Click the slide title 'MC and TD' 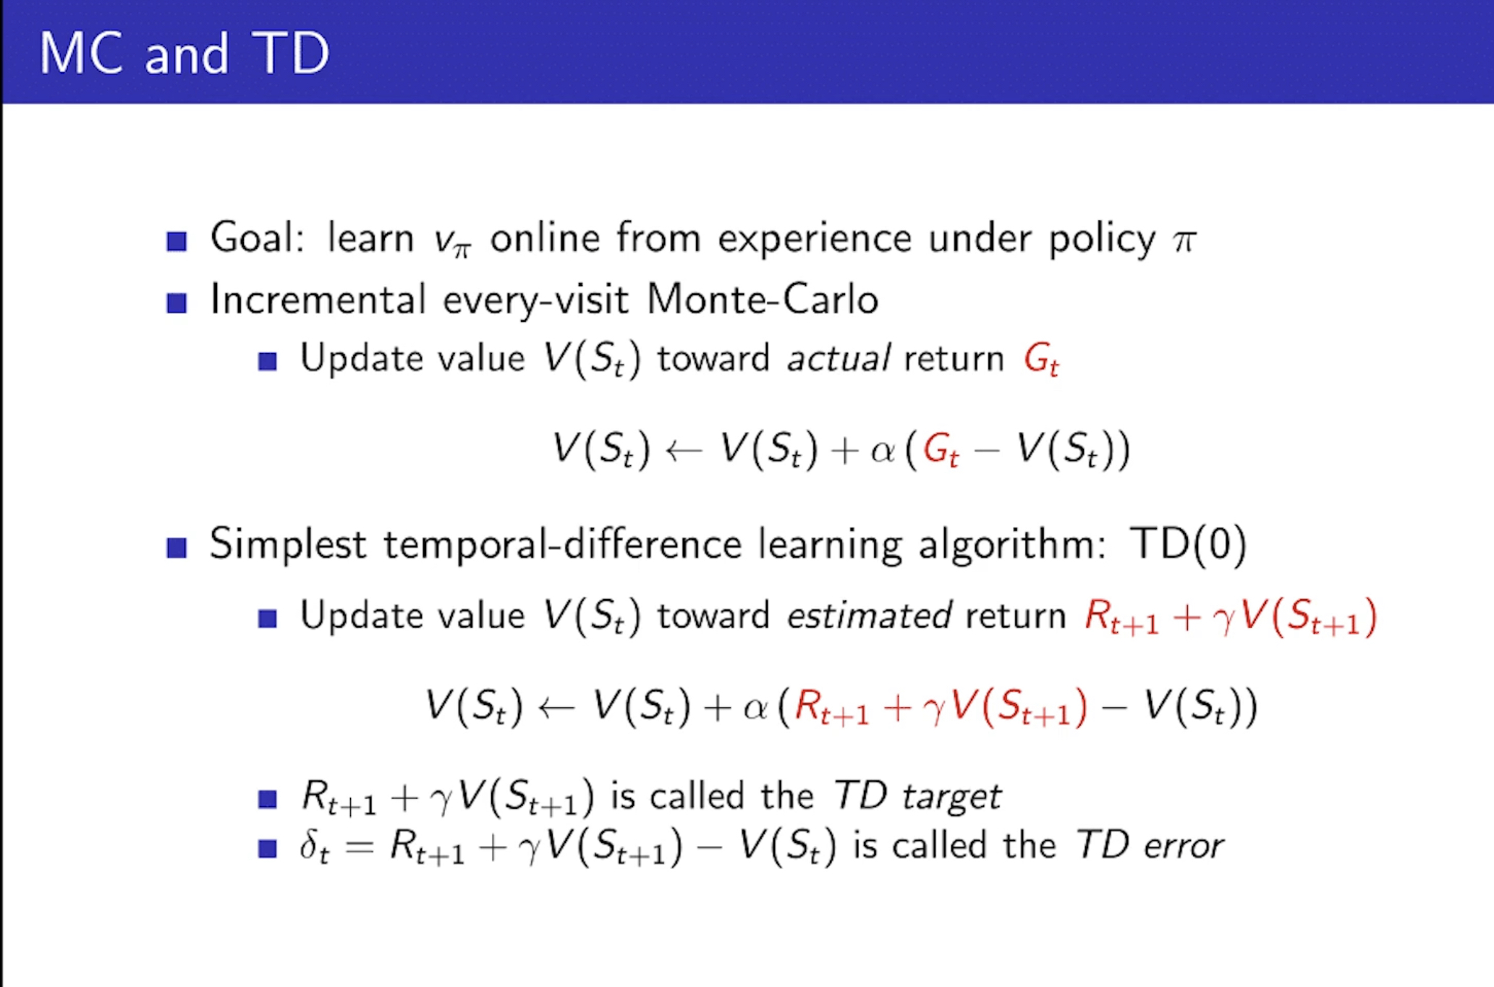[x=184, y=53]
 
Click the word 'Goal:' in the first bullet [x=258, y=237]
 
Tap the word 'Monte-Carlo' [x=763, y=299]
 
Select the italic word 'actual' [x=839, y=358]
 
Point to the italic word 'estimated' [x=869, y=616]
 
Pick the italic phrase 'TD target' [x=917, y=797]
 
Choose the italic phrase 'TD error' [x=1150, y=844]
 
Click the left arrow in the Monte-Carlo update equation [x=684, y=451]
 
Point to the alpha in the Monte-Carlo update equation [x=883, y=452]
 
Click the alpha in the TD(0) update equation [x=755, y=708]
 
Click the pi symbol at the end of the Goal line [x=1184, y=240]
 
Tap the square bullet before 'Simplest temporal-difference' [x=177, y=548]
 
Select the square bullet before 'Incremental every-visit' [x=177, y=302]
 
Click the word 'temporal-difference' [x=563, y=544]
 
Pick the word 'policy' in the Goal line [x=1102, y=239]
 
